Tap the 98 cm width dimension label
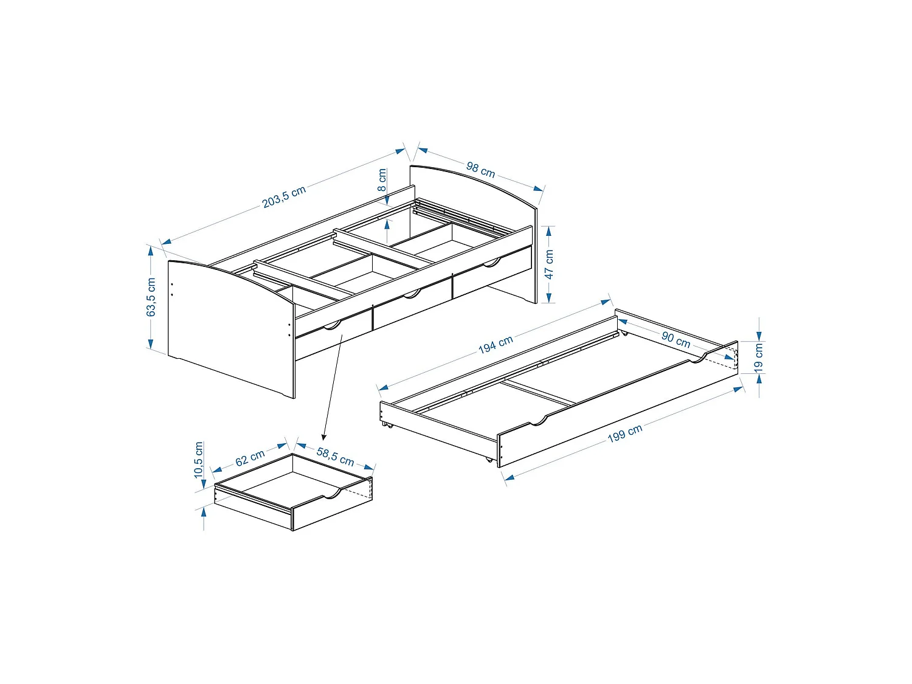tap(480, 170)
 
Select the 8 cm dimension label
tap(382, 180)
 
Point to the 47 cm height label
tap(549, 264)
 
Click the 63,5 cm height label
tap(151, 297)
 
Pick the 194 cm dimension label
tap(496, 345)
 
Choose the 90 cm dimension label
tap(676, 339)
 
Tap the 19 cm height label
tap(758, 358)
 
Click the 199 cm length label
tap(625, 434)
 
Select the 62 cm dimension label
tap(250, 457)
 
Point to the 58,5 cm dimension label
tap(335, 456)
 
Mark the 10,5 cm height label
tap(199, 460)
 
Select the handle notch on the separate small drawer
tap(332, 494)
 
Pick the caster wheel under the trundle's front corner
tap(488, 460)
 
